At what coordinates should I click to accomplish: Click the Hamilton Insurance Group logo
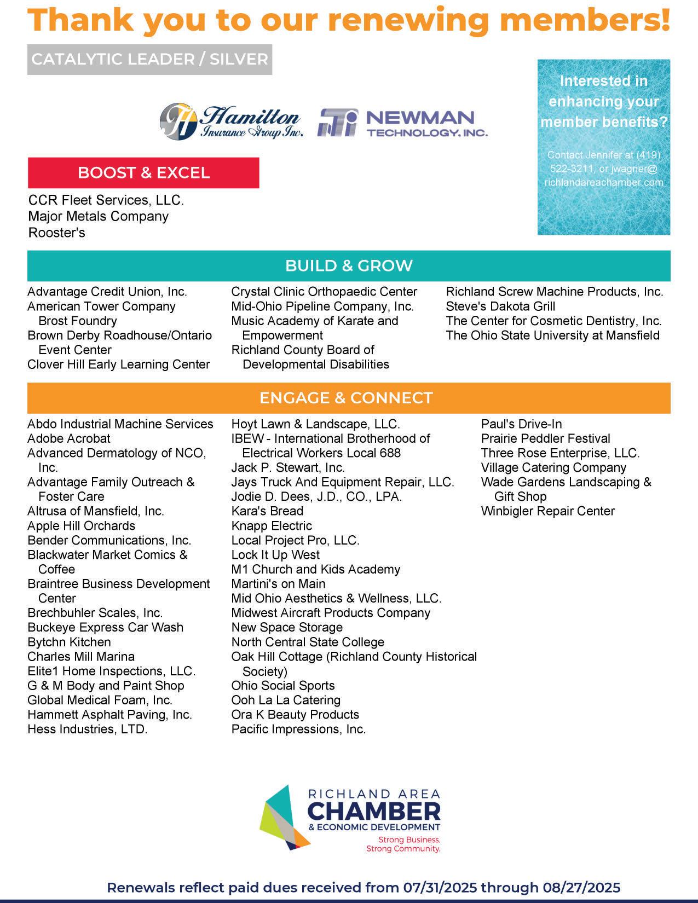tap(231, 121)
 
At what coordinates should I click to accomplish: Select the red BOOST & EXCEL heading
tap(143, 173)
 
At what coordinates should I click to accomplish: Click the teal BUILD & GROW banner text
tap(349, 266)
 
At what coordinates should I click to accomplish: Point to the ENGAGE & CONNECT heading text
tap(346, 398)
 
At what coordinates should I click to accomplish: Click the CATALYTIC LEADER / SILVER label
tap(149, 59)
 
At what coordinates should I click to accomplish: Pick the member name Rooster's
tap(57, 233)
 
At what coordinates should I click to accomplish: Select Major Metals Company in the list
tap(99, 216)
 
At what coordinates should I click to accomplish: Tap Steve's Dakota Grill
tap(500, 306)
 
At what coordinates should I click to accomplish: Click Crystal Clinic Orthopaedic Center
tap(324, 292)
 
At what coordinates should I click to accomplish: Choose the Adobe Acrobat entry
tap(69, 438)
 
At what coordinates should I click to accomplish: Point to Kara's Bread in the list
tap(267, 511)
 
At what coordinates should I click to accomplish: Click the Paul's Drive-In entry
tap(521, 424)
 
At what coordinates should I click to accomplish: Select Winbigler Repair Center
tap(547, 511)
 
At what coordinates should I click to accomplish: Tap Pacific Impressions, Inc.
tap(298, 729)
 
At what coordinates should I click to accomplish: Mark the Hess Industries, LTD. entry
tap(88, 729)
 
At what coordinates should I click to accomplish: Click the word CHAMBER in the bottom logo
tap(374, 811)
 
